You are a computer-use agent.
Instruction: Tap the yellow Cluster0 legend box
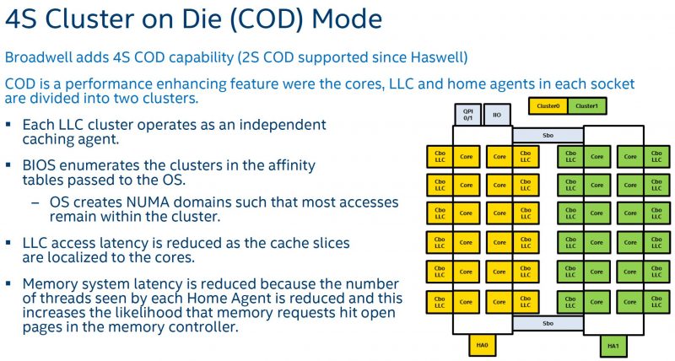(548, 105)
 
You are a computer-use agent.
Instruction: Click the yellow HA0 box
(483, 345)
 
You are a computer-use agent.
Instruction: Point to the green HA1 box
(613, 345)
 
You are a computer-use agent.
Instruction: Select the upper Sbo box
(548, 134)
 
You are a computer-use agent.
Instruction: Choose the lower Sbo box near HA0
(548, 324)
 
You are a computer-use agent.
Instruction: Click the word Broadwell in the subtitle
(39, 57)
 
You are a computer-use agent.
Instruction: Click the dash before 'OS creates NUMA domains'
(35, 203)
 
